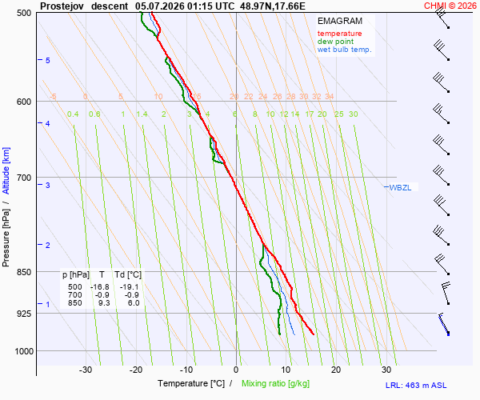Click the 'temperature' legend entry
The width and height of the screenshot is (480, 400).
[339, 34]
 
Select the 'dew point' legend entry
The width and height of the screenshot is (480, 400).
[335, 42]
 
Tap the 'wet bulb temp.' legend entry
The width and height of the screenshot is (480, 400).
[344, 50]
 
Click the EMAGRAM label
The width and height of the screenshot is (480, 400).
[340, 21]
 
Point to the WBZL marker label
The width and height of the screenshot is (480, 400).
[400, 188]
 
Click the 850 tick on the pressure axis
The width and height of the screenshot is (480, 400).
[23, 272]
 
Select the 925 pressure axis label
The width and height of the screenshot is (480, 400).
[23, 314]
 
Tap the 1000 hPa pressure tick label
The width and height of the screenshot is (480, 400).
[24, 351]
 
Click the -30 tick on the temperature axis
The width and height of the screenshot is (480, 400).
[86, 370]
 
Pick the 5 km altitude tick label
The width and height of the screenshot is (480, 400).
[47, 60]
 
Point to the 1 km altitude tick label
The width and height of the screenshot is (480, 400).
[47, 304]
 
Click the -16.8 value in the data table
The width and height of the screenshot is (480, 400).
[100, 287]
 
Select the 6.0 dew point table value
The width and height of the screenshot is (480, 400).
[134, 303]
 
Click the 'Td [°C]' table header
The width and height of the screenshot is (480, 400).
[128, 275]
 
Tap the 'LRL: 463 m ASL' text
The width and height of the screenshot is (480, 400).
[416, 386]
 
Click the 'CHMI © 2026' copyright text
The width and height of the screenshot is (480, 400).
[450, 6]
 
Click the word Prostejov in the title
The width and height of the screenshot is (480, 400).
[62, 6]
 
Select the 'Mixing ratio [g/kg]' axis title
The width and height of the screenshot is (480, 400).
[275, 383]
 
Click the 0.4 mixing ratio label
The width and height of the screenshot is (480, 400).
[73, 114]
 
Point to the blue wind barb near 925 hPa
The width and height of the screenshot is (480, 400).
[444, 324]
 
